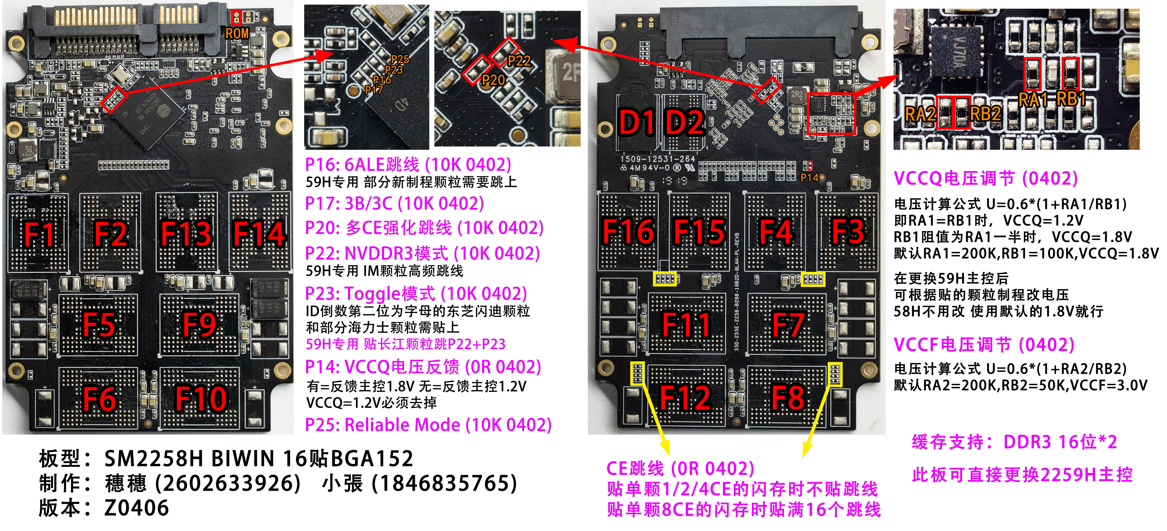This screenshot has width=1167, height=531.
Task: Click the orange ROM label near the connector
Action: click(x=237, y=33)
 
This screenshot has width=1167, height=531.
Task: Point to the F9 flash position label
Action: click(x=199, y=324)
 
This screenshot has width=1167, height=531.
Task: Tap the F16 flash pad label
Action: click(x=629, y=232)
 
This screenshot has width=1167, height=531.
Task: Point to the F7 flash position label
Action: click(x=788, y=324)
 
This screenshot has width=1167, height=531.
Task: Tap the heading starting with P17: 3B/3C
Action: click(x=395, y=203)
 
